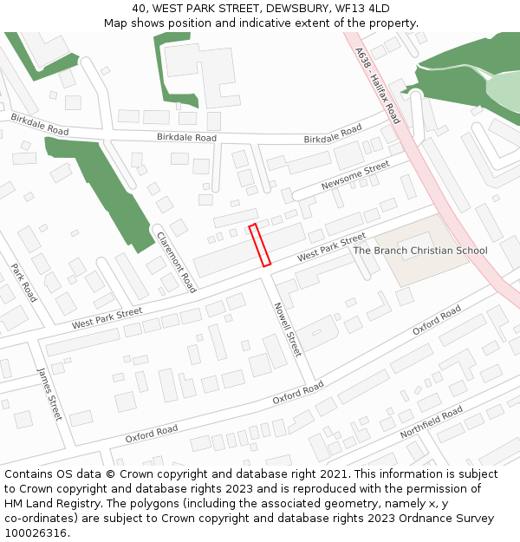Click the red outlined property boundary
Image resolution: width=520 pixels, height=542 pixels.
pyautogui.click(x=260, y=245)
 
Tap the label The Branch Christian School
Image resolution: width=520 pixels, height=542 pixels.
pyautogui.click(x=420, y=251)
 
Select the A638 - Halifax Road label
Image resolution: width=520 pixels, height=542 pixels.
pyautogui.click(x=378, y=85)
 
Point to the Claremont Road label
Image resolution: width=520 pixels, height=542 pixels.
pyautogui.click(x=176, y=261)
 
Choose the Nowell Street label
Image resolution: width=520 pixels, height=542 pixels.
pyautogui.click(x=287, y=330)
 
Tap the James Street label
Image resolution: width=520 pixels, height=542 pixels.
pyautogui.click(x=49, y=394)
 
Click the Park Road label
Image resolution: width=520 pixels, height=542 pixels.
pyautogui.click(x=23, y=283)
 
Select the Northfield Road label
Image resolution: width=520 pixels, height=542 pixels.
pyautogui.click(x=432, y=423)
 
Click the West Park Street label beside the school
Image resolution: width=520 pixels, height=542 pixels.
pyautogui.click(x=332, y=248)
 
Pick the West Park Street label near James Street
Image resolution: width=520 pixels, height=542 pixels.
pyautogui.click(x=107, y=318)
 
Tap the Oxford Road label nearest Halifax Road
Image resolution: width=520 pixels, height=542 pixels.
pyautogui.click(x=437, y=320)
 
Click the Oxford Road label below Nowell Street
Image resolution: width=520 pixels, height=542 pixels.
pyautogui.click(x=298, y=393)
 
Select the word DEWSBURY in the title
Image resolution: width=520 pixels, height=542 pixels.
pyautogui.click(x=292, y=9)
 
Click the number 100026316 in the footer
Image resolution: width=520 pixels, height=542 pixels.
pyautogui.click(x=36, y=533)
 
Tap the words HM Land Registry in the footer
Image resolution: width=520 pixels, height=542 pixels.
pyautogui.click(x=50, y=504)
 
